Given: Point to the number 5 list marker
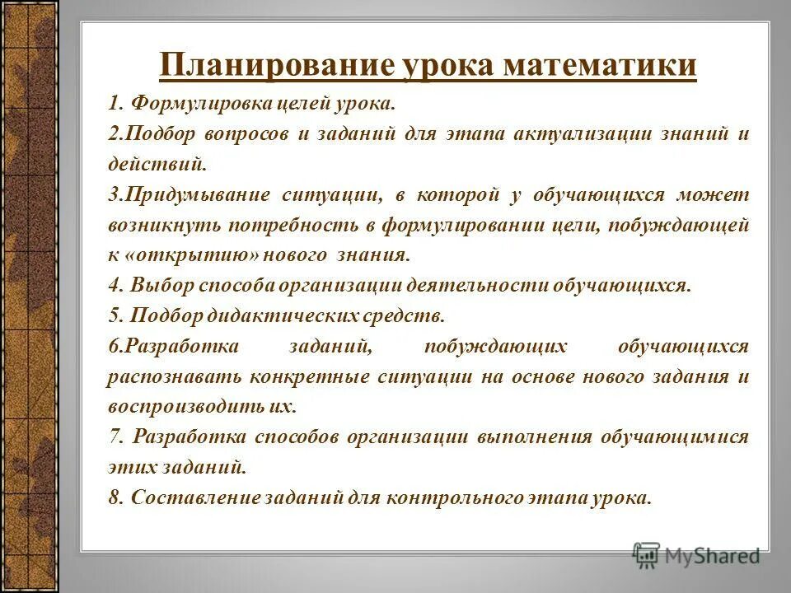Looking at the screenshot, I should coord(113,315).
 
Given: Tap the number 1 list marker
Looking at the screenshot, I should coord(113,105).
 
